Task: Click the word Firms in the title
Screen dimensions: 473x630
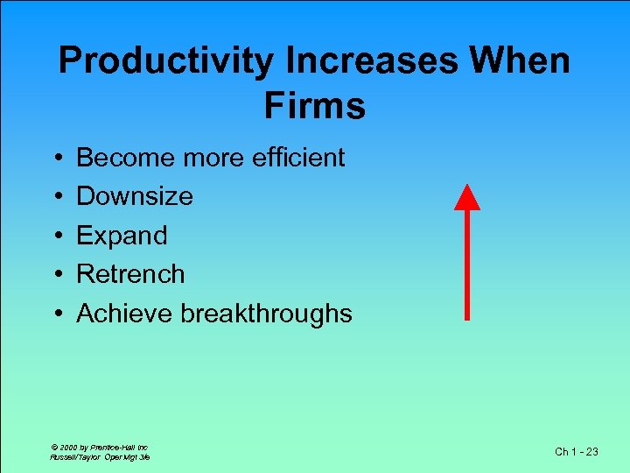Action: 314,106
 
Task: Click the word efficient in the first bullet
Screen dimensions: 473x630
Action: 298,158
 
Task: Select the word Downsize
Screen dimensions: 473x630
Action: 135,196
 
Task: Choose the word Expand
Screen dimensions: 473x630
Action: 122,236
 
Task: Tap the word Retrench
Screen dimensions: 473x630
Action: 130,274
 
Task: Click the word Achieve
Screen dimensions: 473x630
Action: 124,314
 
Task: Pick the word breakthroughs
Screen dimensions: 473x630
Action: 266,314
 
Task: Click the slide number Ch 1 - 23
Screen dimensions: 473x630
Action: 577,451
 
